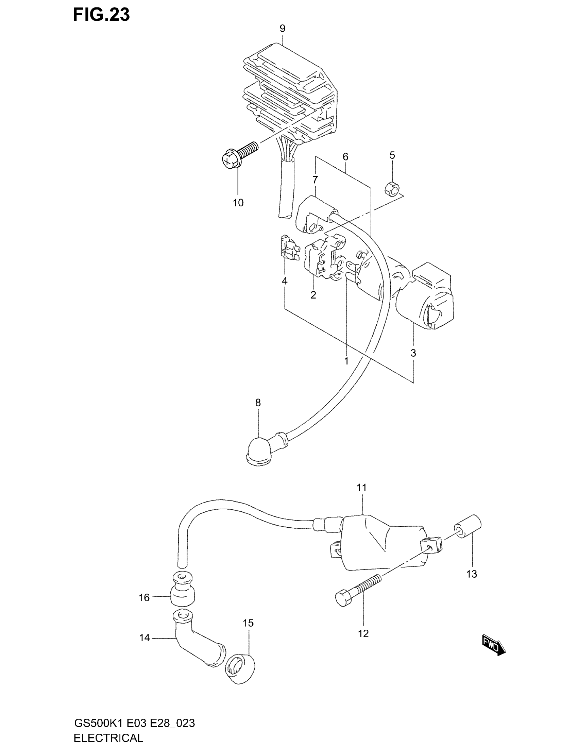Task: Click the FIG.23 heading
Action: pyautogui.click(x=101, y=15)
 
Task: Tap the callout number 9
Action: pyautogui.click(x=282, y=29)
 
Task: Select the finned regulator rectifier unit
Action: pyautogui.click(x=291, y=92)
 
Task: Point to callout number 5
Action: pyautogui.click(x=392, y=155)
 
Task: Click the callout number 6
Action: pyautogui.click(x=345, y=157)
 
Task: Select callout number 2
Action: pyautogui.click(x=313, y=295)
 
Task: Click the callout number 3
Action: pyautogui.click(x=413, y=353)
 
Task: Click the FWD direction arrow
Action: pyautogui.click(x=493, y=646)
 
